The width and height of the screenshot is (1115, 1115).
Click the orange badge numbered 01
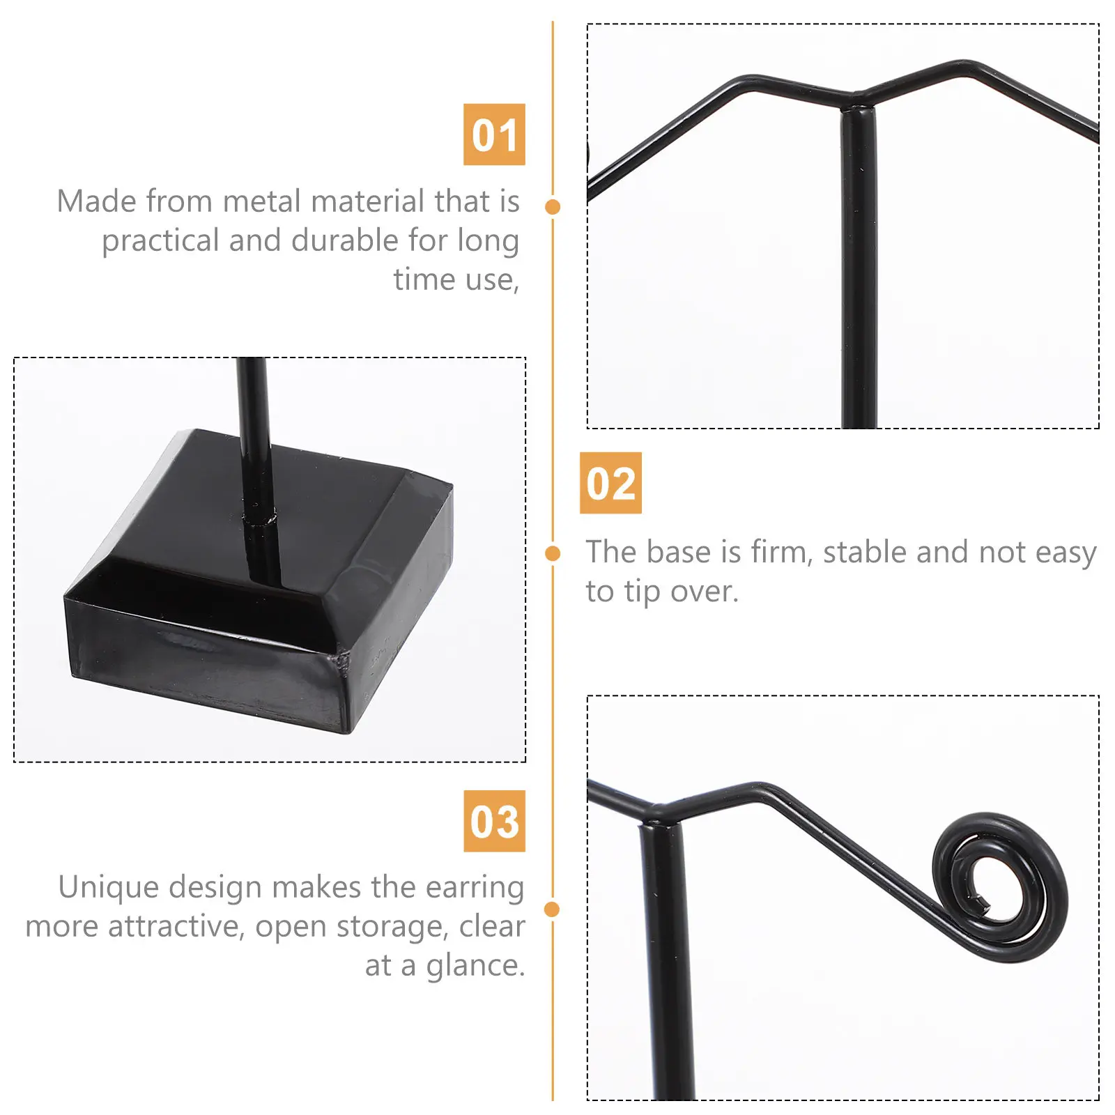pos(494,134)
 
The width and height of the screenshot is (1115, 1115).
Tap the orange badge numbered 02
pos(610,483)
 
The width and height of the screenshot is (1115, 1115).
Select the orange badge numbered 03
pos(494,821)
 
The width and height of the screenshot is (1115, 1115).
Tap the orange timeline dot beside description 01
pos(553,206)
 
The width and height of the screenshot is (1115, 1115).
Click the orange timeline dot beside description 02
pos(553,553)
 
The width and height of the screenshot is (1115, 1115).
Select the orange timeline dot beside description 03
pos(552,909)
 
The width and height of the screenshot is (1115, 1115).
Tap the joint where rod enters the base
pos(260,519)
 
